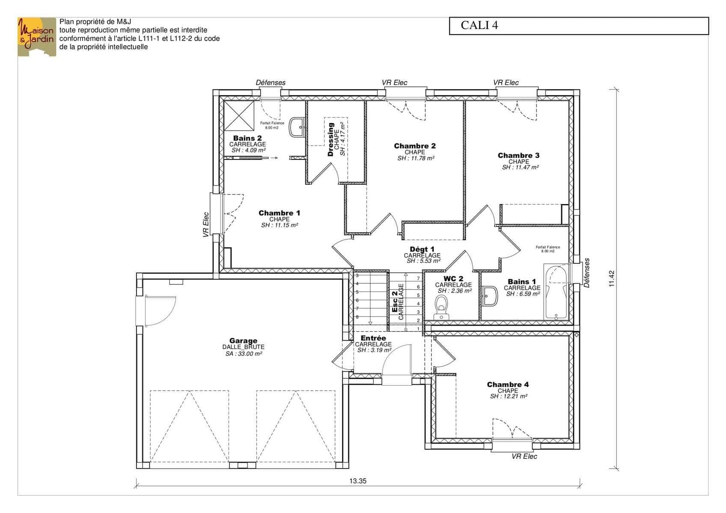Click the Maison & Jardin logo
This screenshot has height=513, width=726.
pos(37,37)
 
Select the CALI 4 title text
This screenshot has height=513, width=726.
pos(479,25)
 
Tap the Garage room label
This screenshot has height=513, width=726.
pos(243,341)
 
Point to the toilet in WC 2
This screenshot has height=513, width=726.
pos(441,308)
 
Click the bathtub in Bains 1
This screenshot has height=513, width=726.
pos(556,292)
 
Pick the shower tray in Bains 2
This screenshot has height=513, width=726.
pos(239,115)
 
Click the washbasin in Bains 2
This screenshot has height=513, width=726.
pos(296,127)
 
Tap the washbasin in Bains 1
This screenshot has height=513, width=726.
pos(490,296)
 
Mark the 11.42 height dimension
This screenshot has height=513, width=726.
pos(612,279)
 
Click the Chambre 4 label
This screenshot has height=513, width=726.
pos(507,384)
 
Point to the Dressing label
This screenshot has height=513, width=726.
pos(331,139)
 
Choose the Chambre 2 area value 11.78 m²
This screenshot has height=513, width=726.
pos(416,158)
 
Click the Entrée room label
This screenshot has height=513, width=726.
pos(373,338)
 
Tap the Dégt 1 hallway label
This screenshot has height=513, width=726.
pos(422,249)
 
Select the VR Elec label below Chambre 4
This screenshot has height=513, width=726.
pos(524,456)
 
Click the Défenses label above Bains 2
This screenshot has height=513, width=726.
pos(271,83)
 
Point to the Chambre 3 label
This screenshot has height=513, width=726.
pos(519,156)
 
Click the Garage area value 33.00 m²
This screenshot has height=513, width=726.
pos(244,354)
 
